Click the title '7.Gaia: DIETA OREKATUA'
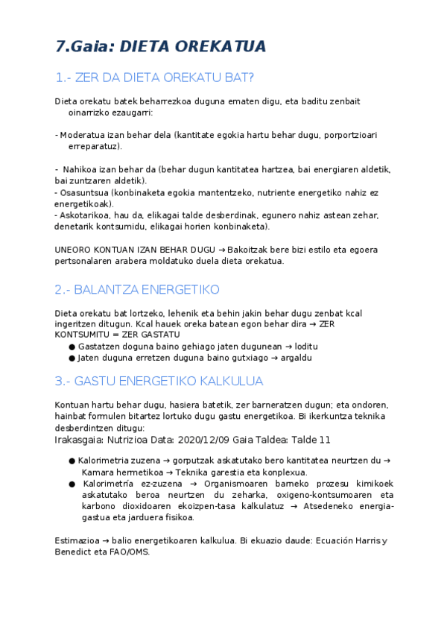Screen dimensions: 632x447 (x=160, y=46)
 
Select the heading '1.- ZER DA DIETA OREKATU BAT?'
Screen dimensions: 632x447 (x=155, y=78)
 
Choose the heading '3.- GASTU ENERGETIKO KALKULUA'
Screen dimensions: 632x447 (x=159, y=381)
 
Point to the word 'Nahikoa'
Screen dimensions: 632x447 (x=80, y=170)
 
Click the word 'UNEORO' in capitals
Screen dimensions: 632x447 (x=72, y=250)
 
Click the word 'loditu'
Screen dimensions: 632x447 (x=305, y=347)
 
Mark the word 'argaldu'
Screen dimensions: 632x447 (x=295, y=358)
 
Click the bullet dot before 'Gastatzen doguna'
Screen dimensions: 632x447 (x=71, y=347)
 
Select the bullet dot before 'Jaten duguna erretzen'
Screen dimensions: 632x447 (x=71, y=358)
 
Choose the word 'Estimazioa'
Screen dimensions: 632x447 (x=78, y=541)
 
